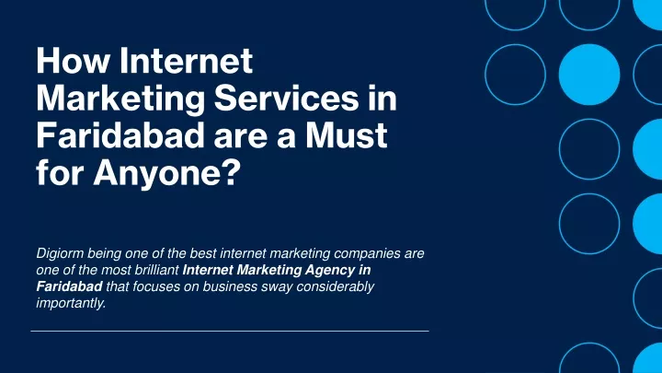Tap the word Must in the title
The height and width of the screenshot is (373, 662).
(347, 135)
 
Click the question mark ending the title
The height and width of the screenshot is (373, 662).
(230, 172)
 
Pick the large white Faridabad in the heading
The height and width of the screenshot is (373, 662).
(120, 135)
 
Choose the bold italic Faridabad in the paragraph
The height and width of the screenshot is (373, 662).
(69, 286)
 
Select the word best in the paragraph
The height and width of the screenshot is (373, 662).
(203, 253)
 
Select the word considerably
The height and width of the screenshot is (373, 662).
(336, 286)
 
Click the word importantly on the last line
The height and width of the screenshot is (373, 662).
(71, 303)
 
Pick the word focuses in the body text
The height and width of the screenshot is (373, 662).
(152, 286)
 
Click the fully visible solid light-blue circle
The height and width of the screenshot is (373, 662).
(589, 75)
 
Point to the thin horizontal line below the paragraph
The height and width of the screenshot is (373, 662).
(230, 332)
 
